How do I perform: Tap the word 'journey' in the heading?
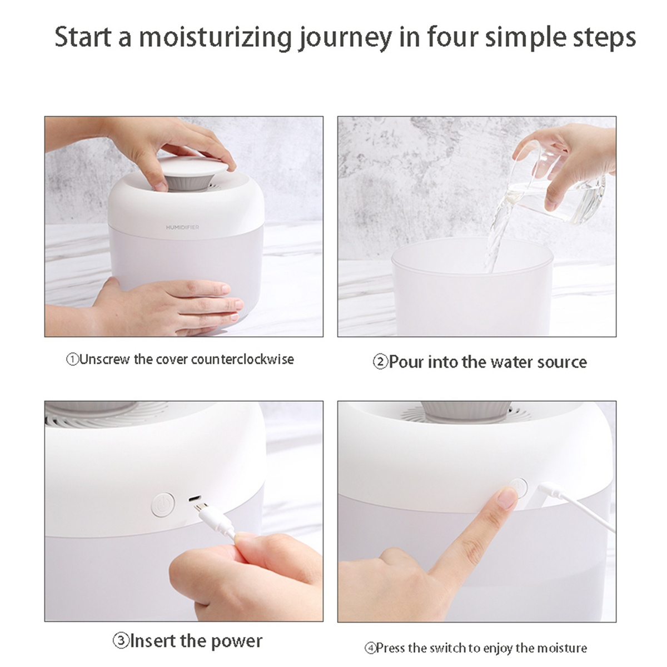[x=345, y=38]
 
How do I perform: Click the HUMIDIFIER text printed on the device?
[x=182, y=227]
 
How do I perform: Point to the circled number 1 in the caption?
[x=73, y=360]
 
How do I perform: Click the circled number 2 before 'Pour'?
[x=380, y=362]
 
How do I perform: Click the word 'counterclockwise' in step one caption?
[x=242, y=359]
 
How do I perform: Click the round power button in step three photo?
[x=163, y=505]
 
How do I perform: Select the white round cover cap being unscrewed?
[x=193, y=165]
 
